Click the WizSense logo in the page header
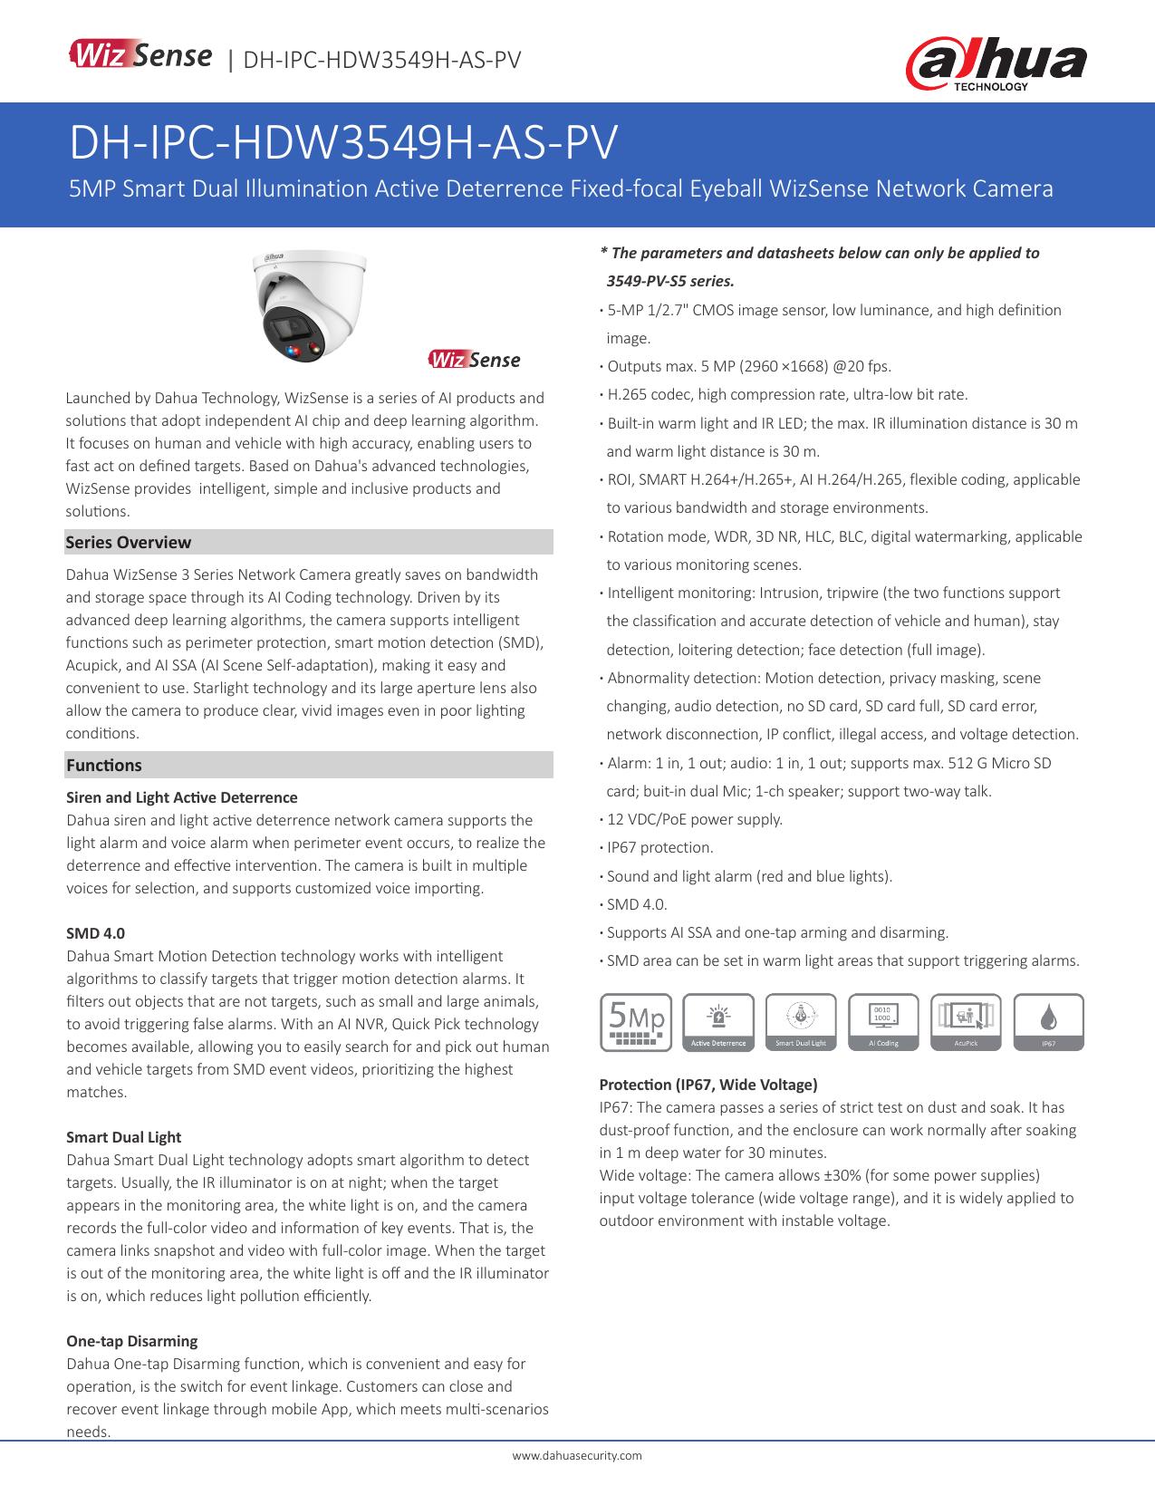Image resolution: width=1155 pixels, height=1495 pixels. point(140,57)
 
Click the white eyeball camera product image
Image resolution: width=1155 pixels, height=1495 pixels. point(308,305)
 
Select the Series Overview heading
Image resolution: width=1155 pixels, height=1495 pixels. point(129,542)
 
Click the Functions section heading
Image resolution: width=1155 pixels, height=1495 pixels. point(104,765)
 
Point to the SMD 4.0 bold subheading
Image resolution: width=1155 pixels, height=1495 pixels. point(96,933)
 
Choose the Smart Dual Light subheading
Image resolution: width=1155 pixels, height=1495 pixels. point(124,1137)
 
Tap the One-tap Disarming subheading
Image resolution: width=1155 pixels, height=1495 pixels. point(132,1341)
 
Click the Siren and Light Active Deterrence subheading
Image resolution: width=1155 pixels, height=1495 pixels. point(182,797)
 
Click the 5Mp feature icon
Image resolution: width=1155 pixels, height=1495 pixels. point(636,1022)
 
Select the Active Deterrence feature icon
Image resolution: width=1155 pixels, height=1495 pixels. point(718,1022)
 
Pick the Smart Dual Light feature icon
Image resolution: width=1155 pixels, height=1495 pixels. point(801,1022)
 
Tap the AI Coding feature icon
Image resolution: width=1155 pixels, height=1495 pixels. point(883,1022)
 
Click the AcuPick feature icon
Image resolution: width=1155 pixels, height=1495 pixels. point(966,1022)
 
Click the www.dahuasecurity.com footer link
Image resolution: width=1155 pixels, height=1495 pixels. point(577,1455)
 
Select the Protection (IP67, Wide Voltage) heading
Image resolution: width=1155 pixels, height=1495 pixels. point(708,1085)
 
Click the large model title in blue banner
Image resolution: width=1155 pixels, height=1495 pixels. point(344,142)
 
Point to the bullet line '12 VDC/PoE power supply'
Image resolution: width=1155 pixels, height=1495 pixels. point(694,819)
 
